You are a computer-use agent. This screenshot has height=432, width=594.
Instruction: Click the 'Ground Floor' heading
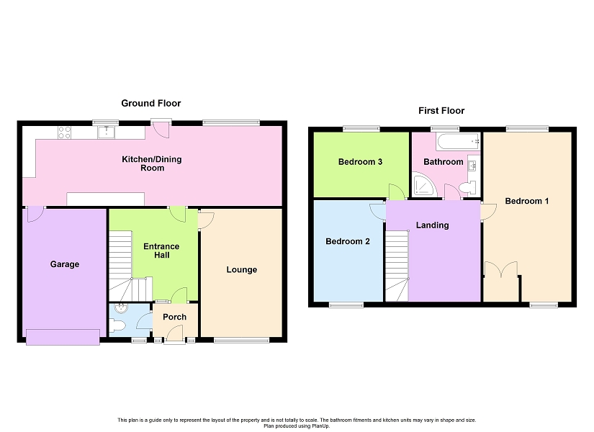150,104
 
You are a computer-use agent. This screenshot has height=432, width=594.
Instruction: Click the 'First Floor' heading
441,111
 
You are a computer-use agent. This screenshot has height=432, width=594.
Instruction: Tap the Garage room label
65,264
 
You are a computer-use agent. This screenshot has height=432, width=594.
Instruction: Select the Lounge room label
241,270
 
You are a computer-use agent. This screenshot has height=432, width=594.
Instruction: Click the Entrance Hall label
161,251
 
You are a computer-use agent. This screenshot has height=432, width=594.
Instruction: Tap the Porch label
174,317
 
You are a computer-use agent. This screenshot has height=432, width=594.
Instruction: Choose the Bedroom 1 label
526,201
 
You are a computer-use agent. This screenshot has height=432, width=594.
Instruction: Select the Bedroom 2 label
348,241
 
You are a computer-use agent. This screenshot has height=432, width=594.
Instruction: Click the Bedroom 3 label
360,162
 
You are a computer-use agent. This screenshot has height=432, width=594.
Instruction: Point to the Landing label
432,225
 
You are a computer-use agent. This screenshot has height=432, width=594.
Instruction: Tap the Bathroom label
443,162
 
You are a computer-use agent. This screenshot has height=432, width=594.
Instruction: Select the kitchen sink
107,132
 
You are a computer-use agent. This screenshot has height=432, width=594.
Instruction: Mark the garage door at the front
63,337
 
